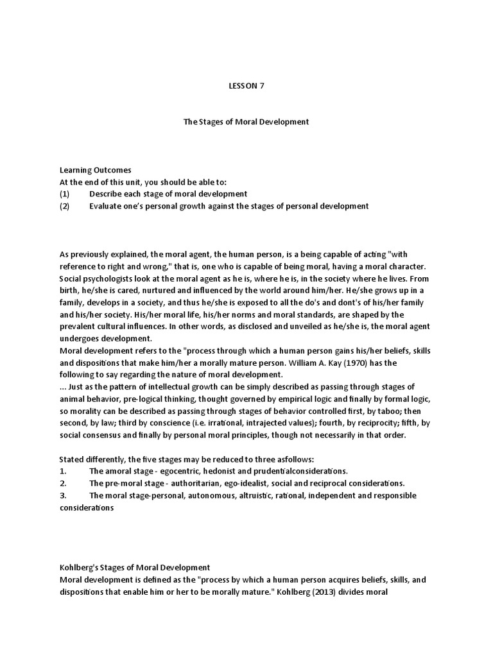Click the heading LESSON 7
pyautogui.click(x=246, y=87)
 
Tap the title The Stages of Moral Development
pyautogui.click(x=246, y=121)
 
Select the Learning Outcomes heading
pyautogui.click(x=95, y=170)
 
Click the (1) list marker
pyautogui.click(x=65, y=194)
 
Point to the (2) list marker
pyautogui.click(x=65, y=206)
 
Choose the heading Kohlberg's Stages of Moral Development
pyautogui.click(x=135, y=567)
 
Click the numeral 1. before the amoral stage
pyautogui.click(x=63, y=471)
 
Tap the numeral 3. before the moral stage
pyautogui.click(x=63, y=495)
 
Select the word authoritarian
pyautogui.click(x=197, y=483)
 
